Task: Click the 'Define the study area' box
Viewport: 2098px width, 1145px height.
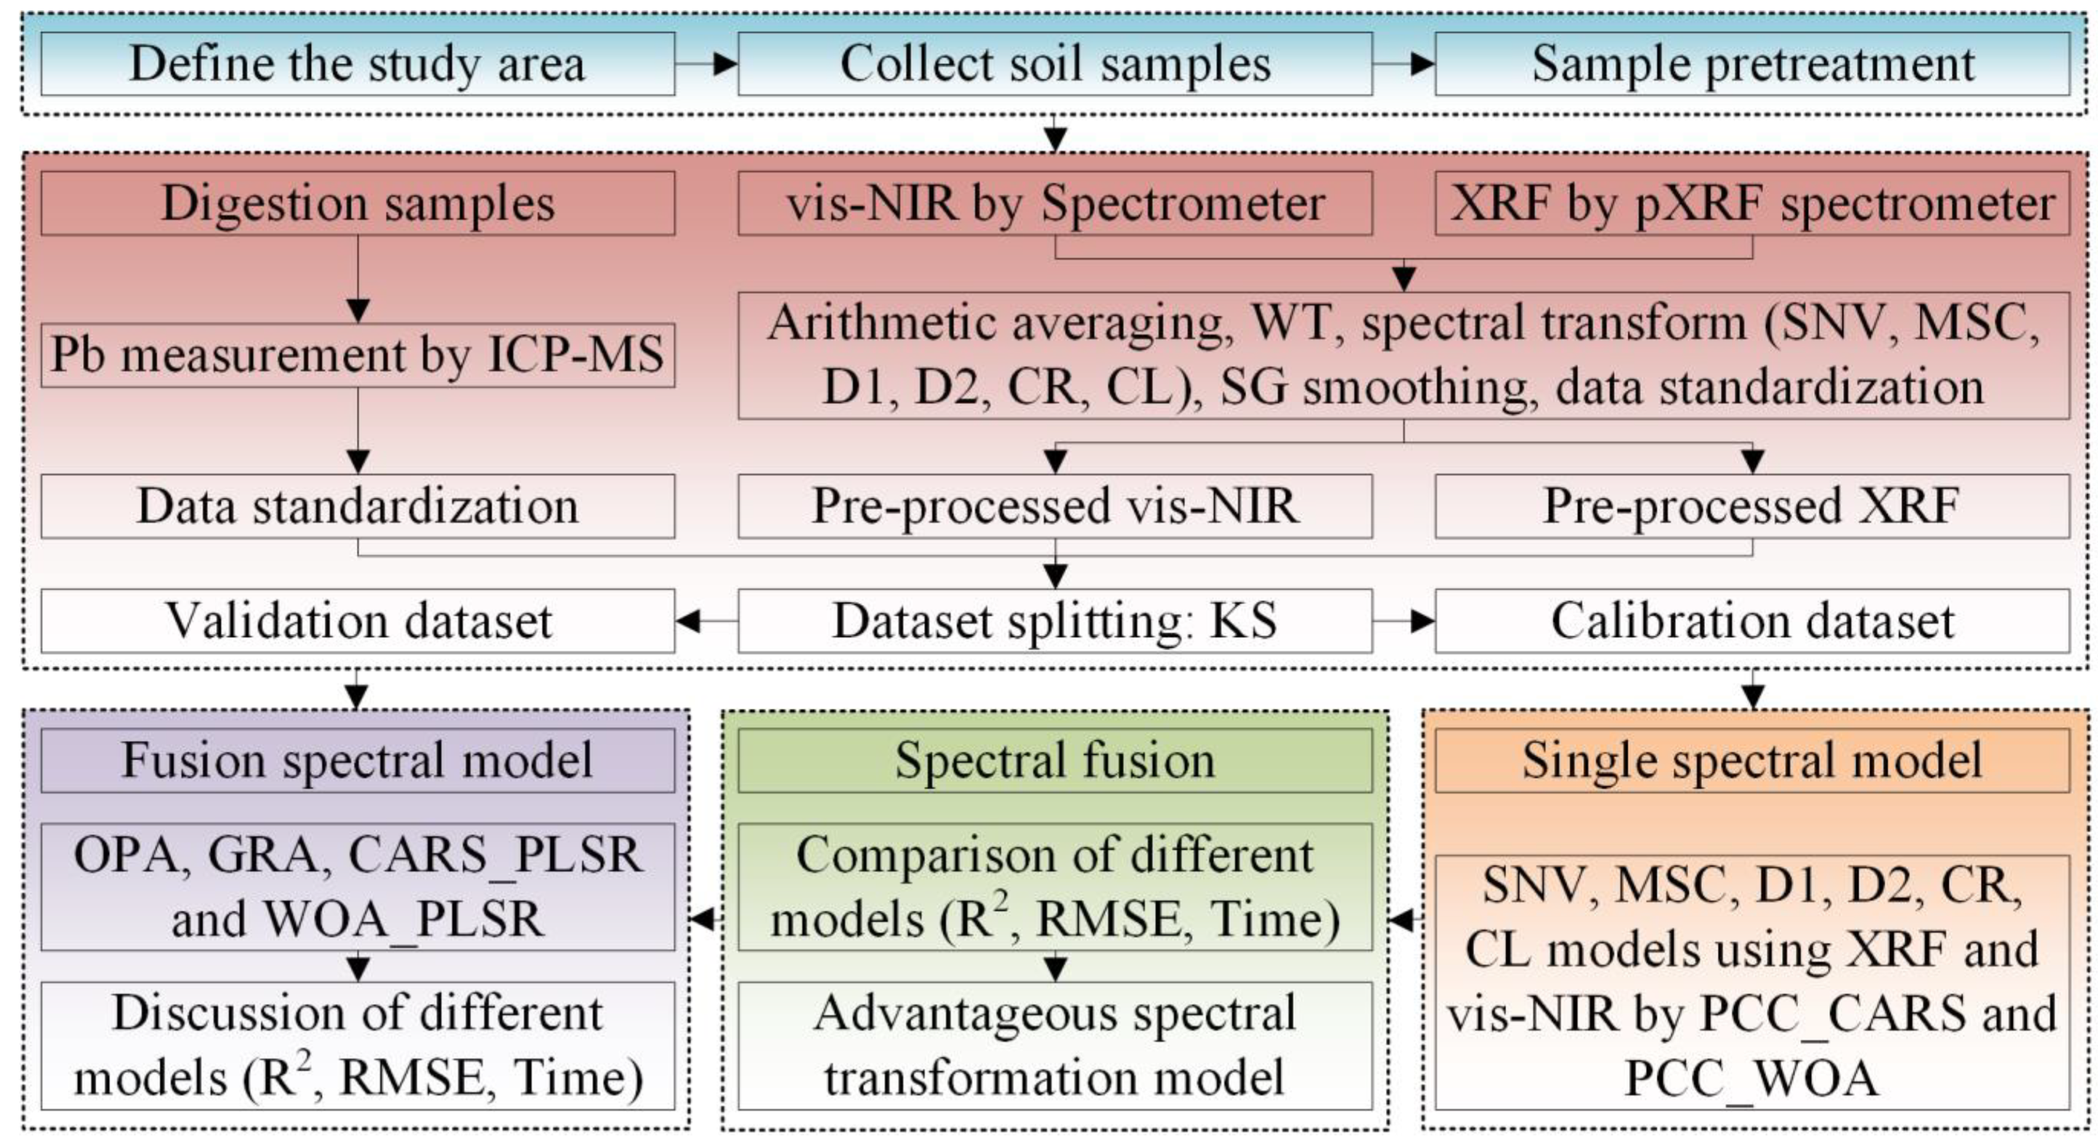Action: click(357, 63)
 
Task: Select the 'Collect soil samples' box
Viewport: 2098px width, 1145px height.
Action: click(1055, 63)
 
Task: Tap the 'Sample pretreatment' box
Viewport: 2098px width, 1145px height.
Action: click(1752, 63)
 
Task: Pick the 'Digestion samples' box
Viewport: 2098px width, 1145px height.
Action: click(357, 203)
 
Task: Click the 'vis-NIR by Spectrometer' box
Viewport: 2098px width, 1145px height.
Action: click(1055, 203)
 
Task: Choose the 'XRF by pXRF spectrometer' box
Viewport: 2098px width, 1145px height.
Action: click(1752, 203)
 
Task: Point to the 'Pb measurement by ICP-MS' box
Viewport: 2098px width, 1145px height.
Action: click(357, 355)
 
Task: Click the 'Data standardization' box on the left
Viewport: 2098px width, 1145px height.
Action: click(357, 506)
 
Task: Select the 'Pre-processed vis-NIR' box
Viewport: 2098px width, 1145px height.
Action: click(1055, 506)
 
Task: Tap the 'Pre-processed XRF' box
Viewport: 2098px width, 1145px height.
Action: click(1752, 506)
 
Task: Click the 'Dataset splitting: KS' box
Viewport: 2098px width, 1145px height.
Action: click(1055, 621)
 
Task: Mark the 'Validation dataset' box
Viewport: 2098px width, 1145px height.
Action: click(357, 621)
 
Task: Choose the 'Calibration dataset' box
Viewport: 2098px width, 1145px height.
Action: click(1752, 621)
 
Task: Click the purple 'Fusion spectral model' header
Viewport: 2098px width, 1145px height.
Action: click(357, 760)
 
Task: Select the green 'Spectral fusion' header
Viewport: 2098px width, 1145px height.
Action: click(1055, 760)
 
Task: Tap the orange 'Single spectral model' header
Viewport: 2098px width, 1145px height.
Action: click(1752, 760)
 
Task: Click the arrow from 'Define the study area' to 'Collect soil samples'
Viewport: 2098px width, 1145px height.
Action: click(706, 63)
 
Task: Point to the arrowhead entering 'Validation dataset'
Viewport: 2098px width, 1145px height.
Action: click(688, 622)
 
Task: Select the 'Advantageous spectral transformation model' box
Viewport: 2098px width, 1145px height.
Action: click(1055, 1046)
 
